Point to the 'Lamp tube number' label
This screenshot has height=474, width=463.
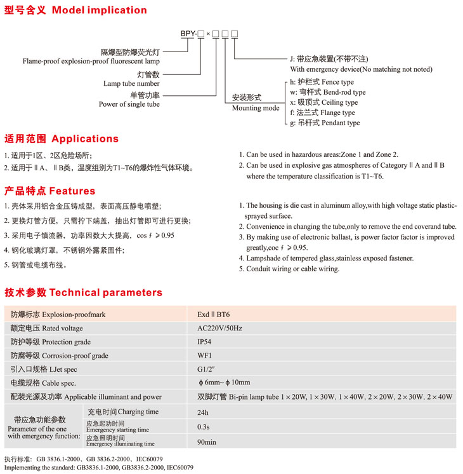(131, 83)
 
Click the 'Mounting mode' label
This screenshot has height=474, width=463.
(256, 108)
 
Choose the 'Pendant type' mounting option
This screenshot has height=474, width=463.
(337, 123)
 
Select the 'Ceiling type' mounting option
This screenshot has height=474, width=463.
(337, 102)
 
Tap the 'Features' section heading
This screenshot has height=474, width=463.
(72, 191)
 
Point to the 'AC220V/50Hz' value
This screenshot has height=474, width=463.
(219, 328)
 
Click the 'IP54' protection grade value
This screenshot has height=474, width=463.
(204, 342)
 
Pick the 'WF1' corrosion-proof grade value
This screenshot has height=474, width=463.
(204, 355)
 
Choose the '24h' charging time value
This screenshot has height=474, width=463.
(203, 412)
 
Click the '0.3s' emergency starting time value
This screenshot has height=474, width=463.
(204, 426)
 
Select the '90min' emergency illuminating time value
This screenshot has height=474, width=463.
(207, 441)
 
